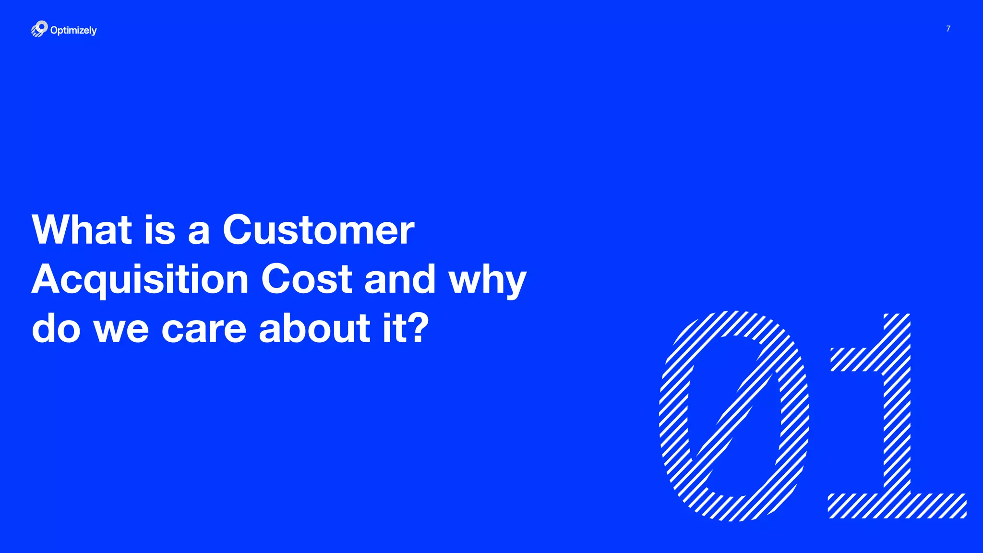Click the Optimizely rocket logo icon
tap(39, 29)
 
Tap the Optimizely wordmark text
tap(73, 30)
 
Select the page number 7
tap(948, 29)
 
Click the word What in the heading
tap(82, 230)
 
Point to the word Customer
tap(318, 230)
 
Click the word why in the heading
tap(487, 280)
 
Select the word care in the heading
tap(204, 329)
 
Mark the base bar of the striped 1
tap(897, 505)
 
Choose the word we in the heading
tap(121, 330)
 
